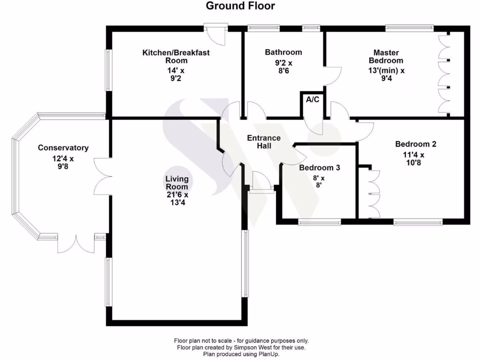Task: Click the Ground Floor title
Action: coord(240,6)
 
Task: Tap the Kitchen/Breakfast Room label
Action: coord(176,56)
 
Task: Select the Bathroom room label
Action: coord(283,52)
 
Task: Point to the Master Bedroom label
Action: coord(386,56)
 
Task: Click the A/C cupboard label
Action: coord(312,99)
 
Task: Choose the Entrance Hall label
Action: coord(263,142)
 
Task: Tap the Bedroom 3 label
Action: coord(319,168)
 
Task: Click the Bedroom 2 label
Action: coord(415,144)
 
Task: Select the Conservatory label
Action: coord(63,148)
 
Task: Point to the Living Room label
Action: coord(177,182)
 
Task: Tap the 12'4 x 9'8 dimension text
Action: coord(63,162)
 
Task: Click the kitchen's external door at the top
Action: coord(216,34)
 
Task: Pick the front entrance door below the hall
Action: coord(261,183)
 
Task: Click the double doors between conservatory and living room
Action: coord(103,176)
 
